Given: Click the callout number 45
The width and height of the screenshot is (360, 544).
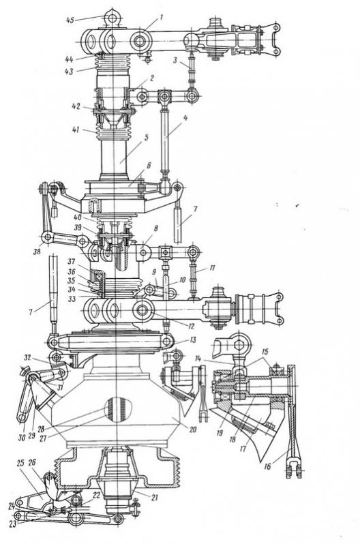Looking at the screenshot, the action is coord(70,20).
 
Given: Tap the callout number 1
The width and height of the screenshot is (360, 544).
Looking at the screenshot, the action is coord(161,17).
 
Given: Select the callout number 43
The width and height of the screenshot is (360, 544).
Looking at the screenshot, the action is coord(69,72).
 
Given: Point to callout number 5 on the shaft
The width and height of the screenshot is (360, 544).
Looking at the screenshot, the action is coord(147,138).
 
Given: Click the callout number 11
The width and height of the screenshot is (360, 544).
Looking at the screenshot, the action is coord(212,268).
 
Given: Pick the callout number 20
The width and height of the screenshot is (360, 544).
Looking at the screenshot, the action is coord(193,429).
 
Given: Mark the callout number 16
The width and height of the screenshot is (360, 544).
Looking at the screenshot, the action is coord(267,466).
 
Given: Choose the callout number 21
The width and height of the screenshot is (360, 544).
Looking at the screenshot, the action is coord(155,497).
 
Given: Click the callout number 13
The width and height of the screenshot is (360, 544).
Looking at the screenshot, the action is coord(193,340).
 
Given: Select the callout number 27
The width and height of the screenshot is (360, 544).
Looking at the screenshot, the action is coord(43,438).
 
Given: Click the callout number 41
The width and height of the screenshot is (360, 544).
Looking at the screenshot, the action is coord(76,130).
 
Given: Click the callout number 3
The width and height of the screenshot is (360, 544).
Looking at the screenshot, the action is coord(176,60).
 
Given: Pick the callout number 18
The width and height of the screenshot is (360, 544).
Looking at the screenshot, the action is coord(232,440).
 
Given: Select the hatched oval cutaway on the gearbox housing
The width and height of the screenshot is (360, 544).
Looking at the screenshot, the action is coord(119,410).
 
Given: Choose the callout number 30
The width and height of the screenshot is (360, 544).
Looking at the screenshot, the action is coord(22,438).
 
